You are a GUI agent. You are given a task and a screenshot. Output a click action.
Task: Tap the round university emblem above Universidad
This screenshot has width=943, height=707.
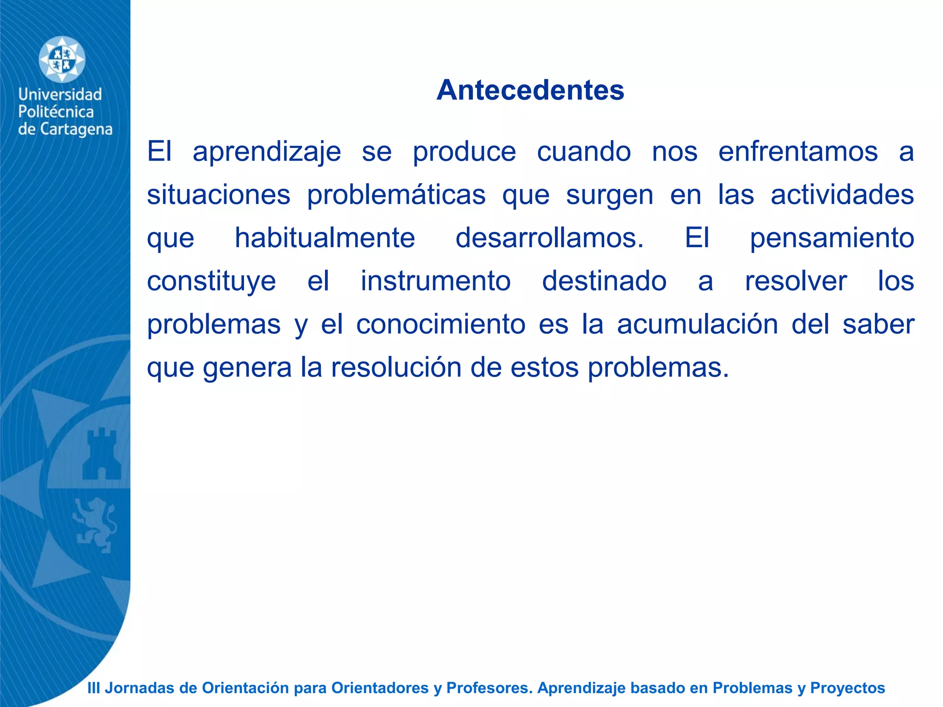62,60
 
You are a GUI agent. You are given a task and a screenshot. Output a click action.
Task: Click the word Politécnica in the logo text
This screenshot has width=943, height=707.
56,112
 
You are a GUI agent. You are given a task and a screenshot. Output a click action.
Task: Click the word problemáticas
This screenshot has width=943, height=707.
396,195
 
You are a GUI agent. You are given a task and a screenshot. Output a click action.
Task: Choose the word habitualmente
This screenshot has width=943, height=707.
325,238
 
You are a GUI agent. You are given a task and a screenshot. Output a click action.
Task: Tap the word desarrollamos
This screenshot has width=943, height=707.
549,238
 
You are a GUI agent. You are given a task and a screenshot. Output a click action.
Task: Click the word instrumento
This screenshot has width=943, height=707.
436,281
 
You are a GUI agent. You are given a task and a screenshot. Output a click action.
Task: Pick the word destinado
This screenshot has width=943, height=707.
604,281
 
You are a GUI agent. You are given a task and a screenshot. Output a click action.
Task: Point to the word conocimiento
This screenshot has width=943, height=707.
441,324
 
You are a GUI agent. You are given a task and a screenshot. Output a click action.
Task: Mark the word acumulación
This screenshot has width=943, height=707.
698,324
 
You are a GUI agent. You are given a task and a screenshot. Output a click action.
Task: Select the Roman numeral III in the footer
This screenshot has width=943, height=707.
93,688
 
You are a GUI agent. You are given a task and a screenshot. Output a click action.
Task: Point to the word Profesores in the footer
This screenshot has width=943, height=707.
489,688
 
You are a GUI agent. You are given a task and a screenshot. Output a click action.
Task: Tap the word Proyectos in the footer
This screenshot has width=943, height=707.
847,688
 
